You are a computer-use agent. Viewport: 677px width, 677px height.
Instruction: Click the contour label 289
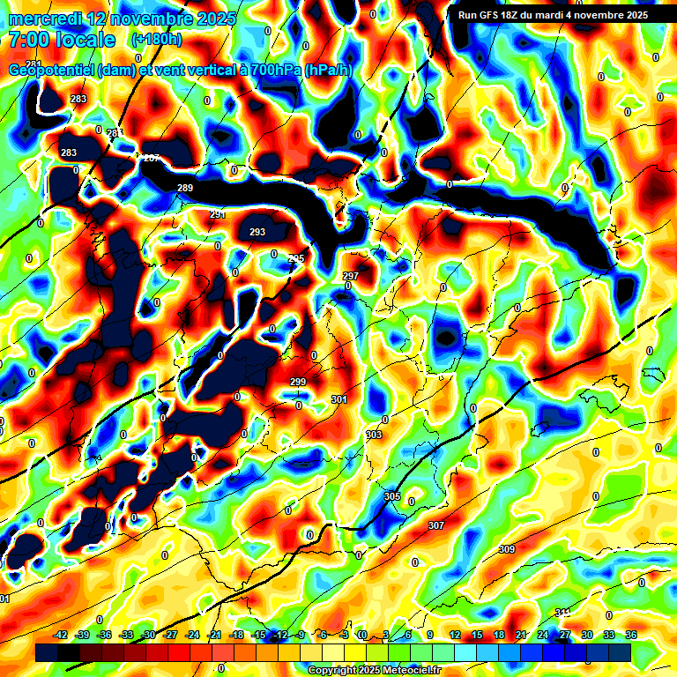[x=185, y=188]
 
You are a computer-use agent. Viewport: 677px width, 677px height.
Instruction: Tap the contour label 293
[x=257, y=232]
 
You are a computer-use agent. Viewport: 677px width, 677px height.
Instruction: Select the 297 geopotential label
[x=351, y=276]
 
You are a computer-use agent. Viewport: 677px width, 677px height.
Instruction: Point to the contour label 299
[x=298, y=382]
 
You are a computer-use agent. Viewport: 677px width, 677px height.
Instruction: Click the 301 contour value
[x=339, y=399]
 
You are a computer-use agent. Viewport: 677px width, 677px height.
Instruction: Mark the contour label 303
[x=374, y=435]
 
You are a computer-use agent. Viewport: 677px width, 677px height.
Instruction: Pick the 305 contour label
[x=392, y=496]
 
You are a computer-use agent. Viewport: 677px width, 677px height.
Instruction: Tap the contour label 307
[x=435, y=524]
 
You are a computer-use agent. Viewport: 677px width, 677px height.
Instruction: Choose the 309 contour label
[x=507, y=549]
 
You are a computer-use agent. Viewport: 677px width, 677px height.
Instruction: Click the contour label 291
[x=218, y=214]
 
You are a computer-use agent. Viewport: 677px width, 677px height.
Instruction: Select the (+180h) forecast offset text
[x=156, y=40]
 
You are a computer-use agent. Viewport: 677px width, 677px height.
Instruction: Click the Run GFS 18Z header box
[x=553, y=15]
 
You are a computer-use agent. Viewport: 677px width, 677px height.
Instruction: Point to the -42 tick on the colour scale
[x=61, y=635]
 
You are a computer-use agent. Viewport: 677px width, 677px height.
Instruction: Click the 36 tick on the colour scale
[x=630, y=635]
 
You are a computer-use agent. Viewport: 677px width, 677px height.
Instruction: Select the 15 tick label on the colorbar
[x=477, y=635]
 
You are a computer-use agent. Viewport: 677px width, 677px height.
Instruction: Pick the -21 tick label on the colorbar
[x=214, y=635]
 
